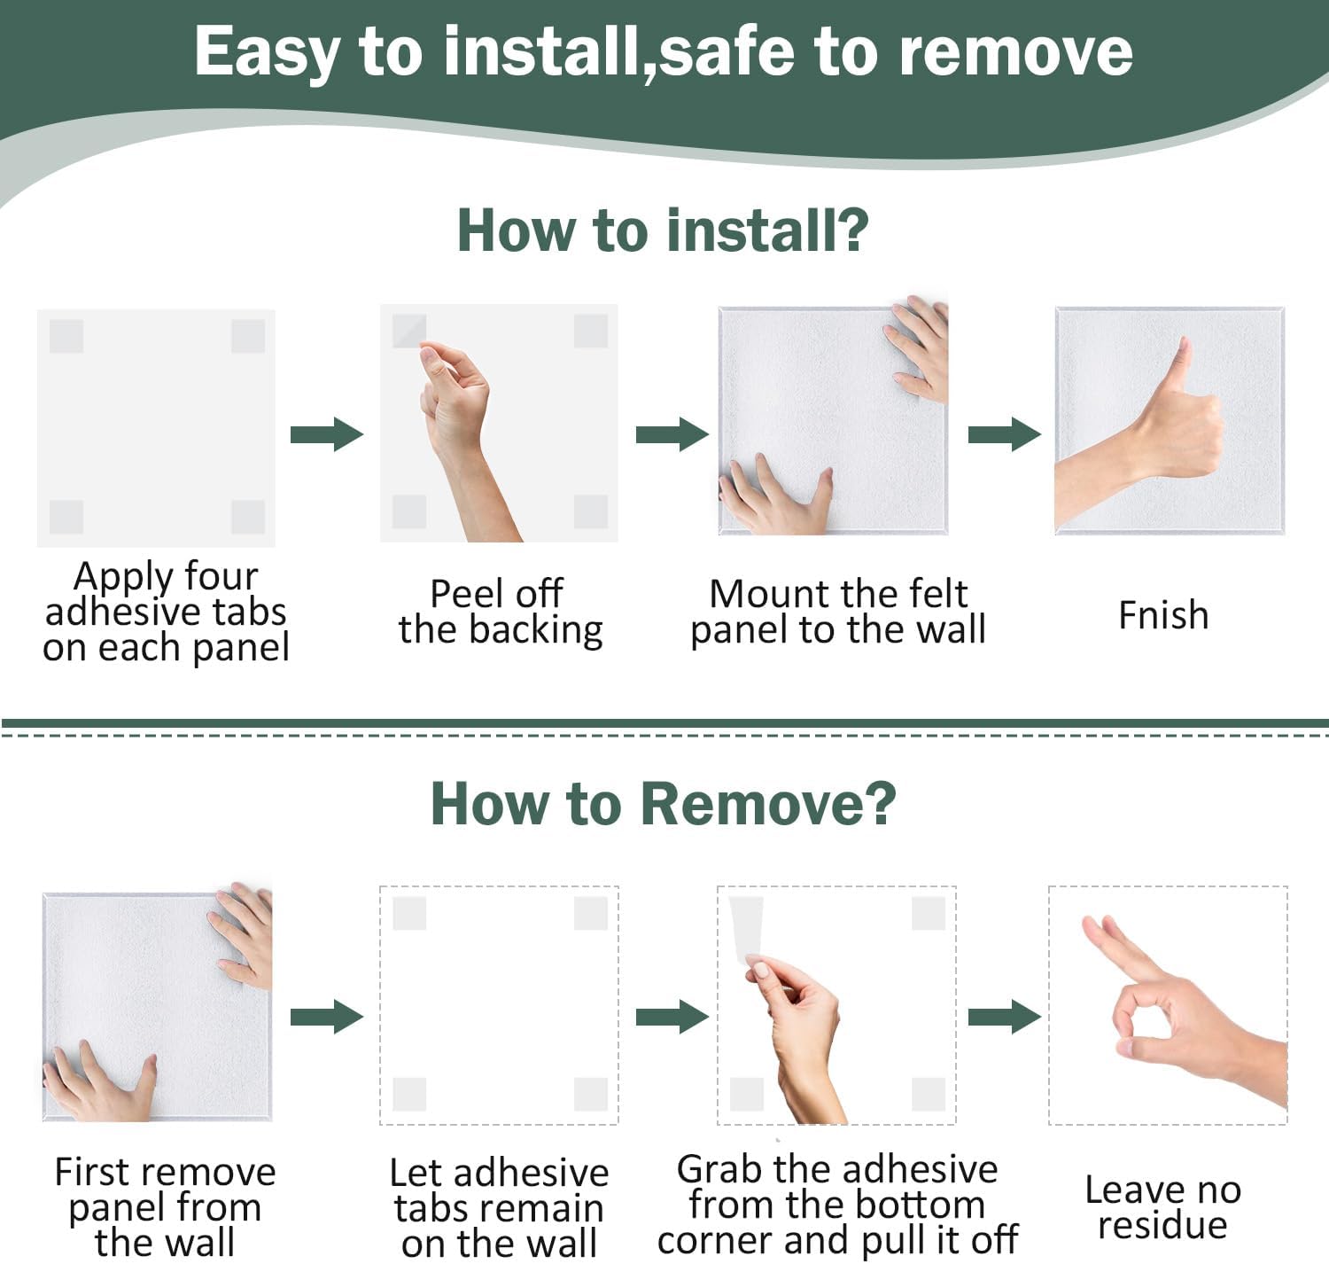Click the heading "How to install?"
click(x=663, y=231)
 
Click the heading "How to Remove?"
click(x=663, y=804)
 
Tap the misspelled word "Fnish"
click(x=1163, y=615)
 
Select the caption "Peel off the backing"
click(x=501, y=612)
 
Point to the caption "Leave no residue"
click(x=1162, y=1208)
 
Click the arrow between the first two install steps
click(x=327, y=434)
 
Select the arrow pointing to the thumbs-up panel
click(x=1005, y=434)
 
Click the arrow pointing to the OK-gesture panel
click(x=1005, y=1017)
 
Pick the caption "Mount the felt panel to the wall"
click(x=838, y=612)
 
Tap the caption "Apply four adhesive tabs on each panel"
click(x=166, y=612)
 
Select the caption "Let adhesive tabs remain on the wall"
click(x=500, y=1208)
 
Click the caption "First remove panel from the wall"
click(x=165, y=1207)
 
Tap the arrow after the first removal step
click(x=327, y=1017)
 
